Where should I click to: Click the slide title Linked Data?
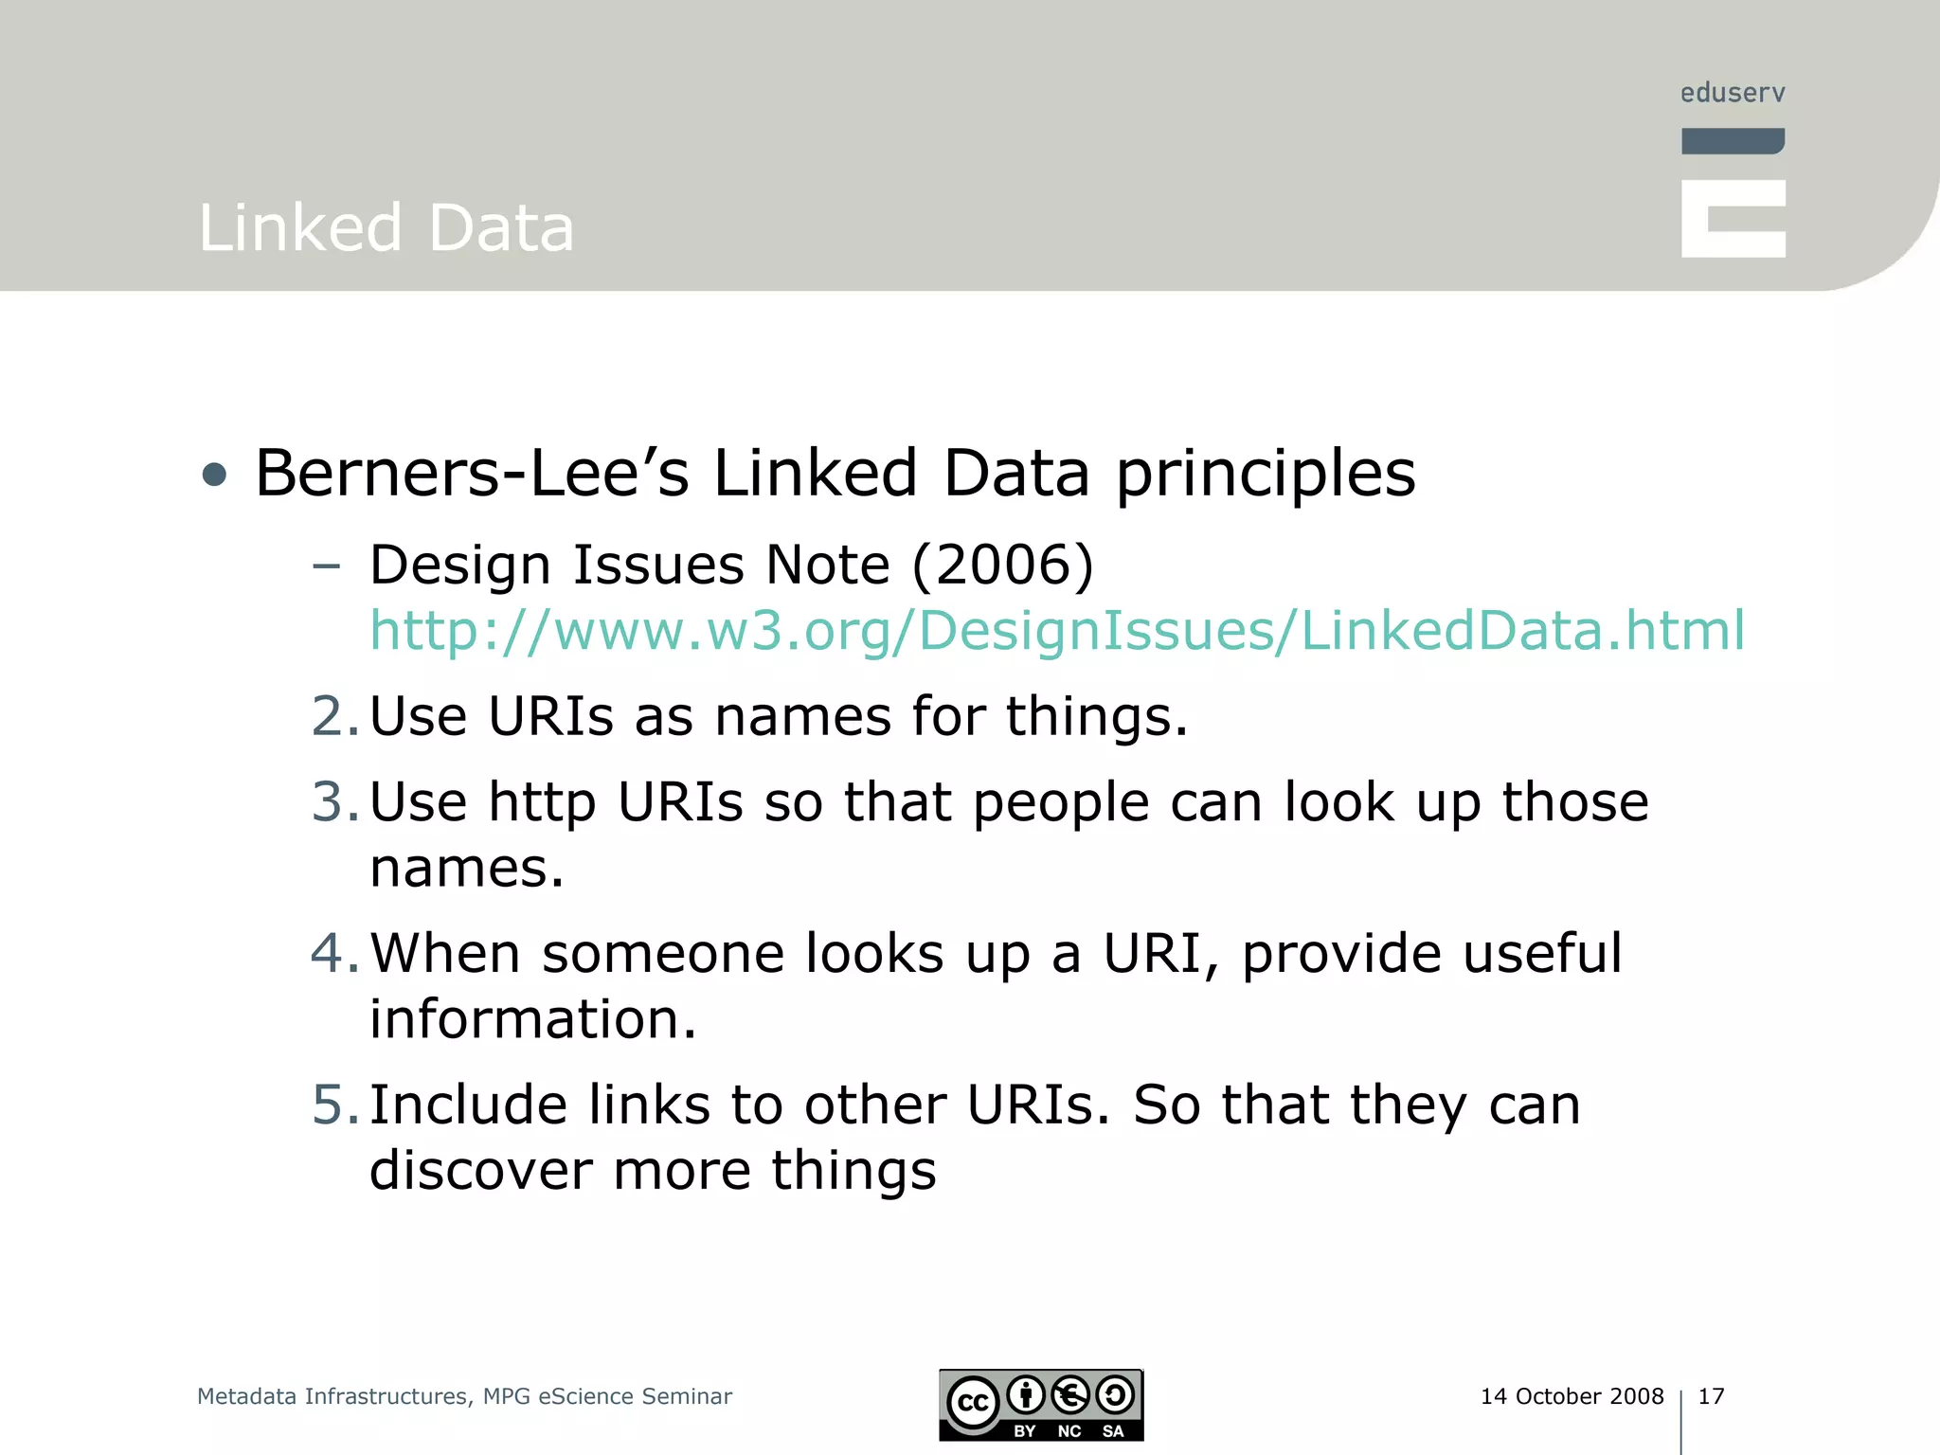(x=386, y=228)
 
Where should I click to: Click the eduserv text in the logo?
(x=1733, y=93)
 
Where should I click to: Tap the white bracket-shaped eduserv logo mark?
(x=1733, y=219)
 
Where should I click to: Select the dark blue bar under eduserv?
(x=1733, y=141)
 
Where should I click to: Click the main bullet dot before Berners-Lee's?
(x=215, y=475)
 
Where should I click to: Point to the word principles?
(x=1266, y=475)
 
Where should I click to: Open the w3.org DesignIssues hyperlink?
(x=1056, y=631)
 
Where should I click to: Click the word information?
(x=532, y=1019)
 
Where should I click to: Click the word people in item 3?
(x=1061, y=804)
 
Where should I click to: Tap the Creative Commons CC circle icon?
(x=973, y=1403)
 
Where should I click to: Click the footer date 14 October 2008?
(x=1572, y=1396)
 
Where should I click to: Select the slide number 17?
(x=1711, y=1396)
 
